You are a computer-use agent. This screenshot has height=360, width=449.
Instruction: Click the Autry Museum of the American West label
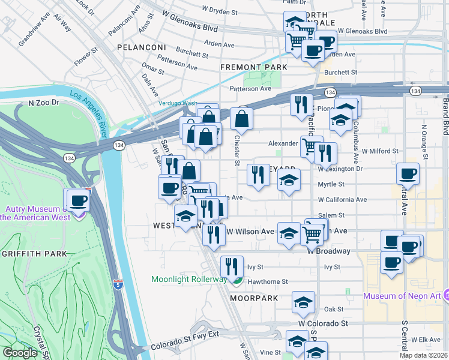(36, 212)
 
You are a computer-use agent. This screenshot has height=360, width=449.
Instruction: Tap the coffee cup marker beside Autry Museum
(77, 200)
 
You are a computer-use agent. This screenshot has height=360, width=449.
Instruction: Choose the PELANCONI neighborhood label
(141, 47)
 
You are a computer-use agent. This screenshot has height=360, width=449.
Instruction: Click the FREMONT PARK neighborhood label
(254, 67)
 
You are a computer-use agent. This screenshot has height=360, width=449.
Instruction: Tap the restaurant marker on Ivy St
(231, 266)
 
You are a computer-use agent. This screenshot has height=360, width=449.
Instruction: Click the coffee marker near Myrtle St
(408, 174)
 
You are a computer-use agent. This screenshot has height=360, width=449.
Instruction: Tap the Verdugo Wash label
(178, 103)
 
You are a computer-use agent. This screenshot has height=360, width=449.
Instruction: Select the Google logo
(20, 353)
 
